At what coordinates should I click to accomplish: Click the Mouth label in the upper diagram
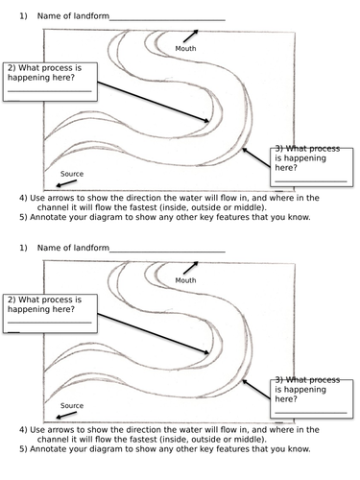click(185, 49)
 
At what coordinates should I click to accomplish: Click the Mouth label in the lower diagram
click(185, 280)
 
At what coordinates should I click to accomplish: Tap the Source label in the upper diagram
click(72, 174)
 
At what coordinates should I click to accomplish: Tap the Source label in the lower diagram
click(72, 405)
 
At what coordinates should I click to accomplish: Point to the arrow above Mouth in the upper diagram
click(191, 36)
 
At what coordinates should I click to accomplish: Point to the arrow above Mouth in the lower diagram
click(191, 268)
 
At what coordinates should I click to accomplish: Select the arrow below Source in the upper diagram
click(66, 183)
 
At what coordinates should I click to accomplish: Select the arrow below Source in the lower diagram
click(66, 415)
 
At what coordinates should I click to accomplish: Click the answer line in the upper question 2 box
click(50, 91)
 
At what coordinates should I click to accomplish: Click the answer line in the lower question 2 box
click(50, 323)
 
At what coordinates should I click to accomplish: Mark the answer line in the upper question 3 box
click(311, 181)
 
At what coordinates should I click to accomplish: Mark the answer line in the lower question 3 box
click(311, 413)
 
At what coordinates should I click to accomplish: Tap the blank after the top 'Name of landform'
click(167, 20)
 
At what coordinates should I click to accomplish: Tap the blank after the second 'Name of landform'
click(167, 252)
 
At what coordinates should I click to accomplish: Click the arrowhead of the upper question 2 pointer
click(206, 121)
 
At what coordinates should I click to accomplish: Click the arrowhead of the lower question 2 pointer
click(206, 352)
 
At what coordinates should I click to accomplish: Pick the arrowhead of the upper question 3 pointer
click(245, 150)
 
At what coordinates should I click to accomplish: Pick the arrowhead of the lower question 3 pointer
click(245, 382)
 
